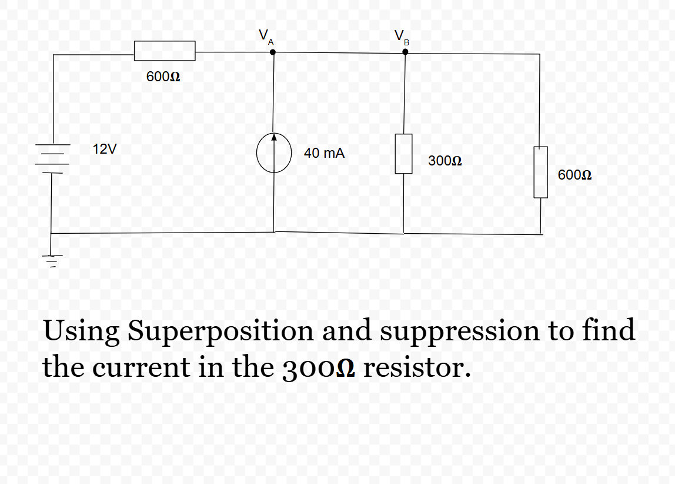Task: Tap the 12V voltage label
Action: coord(105,149)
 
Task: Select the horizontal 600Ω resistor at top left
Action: coord(165,51)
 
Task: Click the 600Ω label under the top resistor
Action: coord(163,77)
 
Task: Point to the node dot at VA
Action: coord(273,52)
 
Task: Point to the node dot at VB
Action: coord(405,52)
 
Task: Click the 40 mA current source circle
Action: coord(274,153)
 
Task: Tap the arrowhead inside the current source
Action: coord(274,138)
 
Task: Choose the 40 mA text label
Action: coord(324,154)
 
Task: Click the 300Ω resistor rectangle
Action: coord(403,154)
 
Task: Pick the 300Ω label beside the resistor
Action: coord(445,161)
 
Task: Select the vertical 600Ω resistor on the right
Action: coord(540,172)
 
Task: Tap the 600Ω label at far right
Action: coord(574,175)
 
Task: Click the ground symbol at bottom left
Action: coord(52,260)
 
